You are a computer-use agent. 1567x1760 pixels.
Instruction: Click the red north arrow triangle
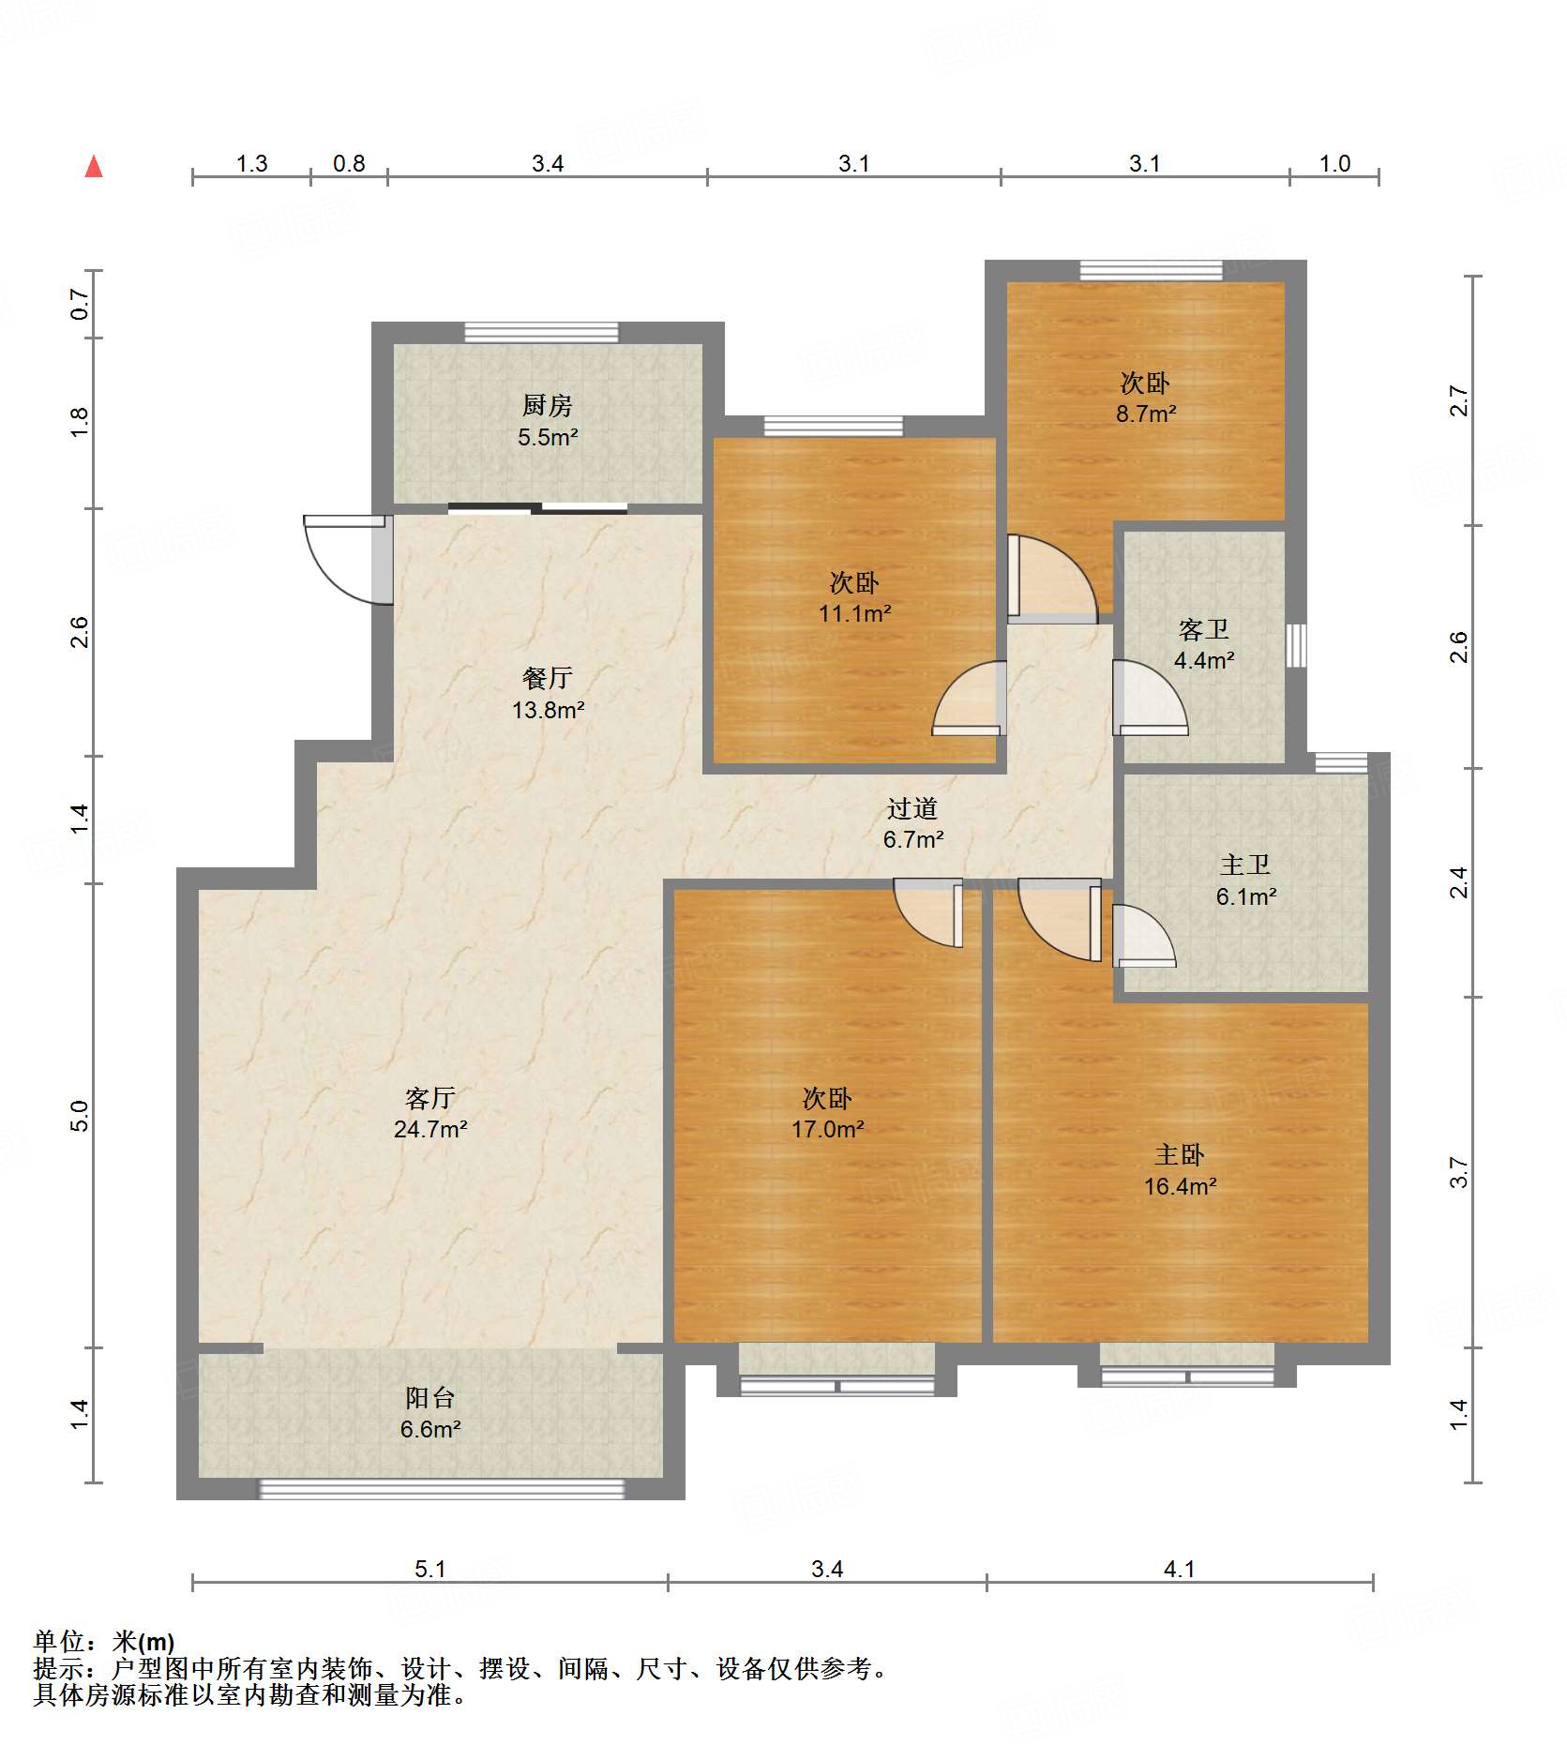(94, 167)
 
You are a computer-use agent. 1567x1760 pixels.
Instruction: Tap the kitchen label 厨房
(547, 405)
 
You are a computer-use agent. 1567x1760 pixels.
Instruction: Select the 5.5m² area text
(548, 437)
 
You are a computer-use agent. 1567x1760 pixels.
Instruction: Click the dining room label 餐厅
(547, 678)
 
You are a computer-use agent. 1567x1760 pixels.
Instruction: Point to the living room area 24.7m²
(430, 1129)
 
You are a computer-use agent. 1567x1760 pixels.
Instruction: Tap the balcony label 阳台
(430, 1398)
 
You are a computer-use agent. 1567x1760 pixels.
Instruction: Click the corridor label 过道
(912, 808)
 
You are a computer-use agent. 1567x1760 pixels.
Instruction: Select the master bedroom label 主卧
(1180, 1154)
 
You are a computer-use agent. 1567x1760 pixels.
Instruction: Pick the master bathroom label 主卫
(1245, 865)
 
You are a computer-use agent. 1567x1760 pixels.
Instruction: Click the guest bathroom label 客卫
(1204, 629)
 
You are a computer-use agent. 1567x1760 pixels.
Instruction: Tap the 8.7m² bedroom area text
(1146, 414)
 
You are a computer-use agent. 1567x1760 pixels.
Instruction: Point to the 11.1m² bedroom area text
(854, 613)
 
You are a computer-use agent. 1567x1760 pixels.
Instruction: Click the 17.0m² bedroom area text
(827, 1129)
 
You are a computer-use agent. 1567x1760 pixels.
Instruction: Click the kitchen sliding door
(537, 509)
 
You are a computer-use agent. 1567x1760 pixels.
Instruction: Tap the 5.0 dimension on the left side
(80, 1116)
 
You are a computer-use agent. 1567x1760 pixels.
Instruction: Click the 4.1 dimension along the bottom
(1180, 1569)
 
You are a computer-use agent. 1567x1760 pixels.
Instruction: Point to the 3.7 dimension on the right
(1459, 1172)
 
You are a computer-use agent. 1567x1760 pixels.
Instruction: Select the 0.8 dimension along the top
(349, 164)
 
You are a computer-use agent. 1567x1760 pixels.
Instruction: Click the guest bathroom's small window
(1296, 645)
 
